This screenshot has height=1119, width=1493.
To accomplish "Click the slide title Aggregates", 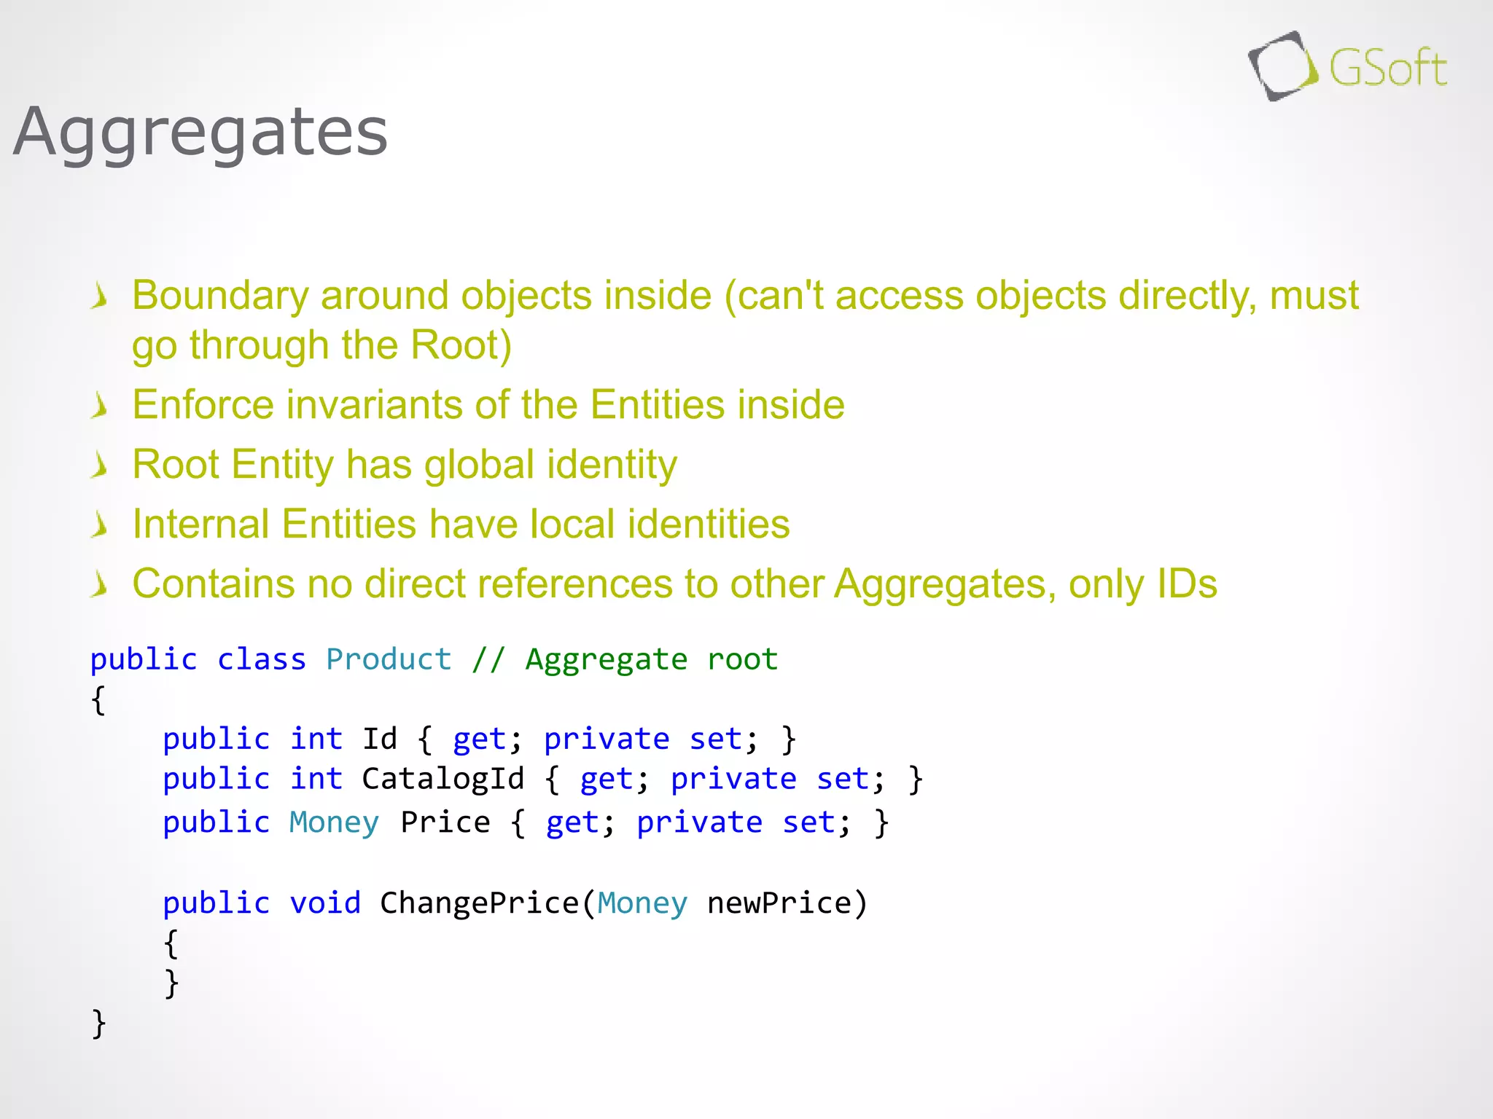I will tap(200, 133).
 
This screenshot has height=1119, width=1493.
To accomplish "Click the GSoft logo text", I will tap(1387, 69).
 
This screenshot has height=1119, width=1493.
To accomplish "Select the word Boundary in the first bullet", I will tap(220, 296).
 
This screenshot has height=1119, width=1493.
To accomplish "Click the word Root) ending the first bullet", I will tap(461, 345).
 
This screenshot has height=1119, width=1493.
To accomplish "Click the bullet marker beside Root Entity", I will tap(100, 466).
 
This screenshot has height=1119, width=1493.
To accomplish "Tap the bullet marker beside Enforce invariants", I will tap(100, 406).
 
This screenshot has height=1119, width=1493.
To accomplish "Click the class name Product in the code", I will tap(389, 660).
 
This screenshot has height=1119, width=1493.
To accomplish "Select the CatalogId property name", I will tap(443, 780).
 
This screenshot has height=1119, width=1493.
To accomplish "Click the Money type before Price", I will tap(334, 823).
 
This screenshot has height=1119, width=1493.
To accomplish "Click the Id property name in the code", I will tap(380, 739).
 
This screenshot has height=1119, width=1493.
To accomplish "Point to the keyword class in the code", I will tap(261, 660).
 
